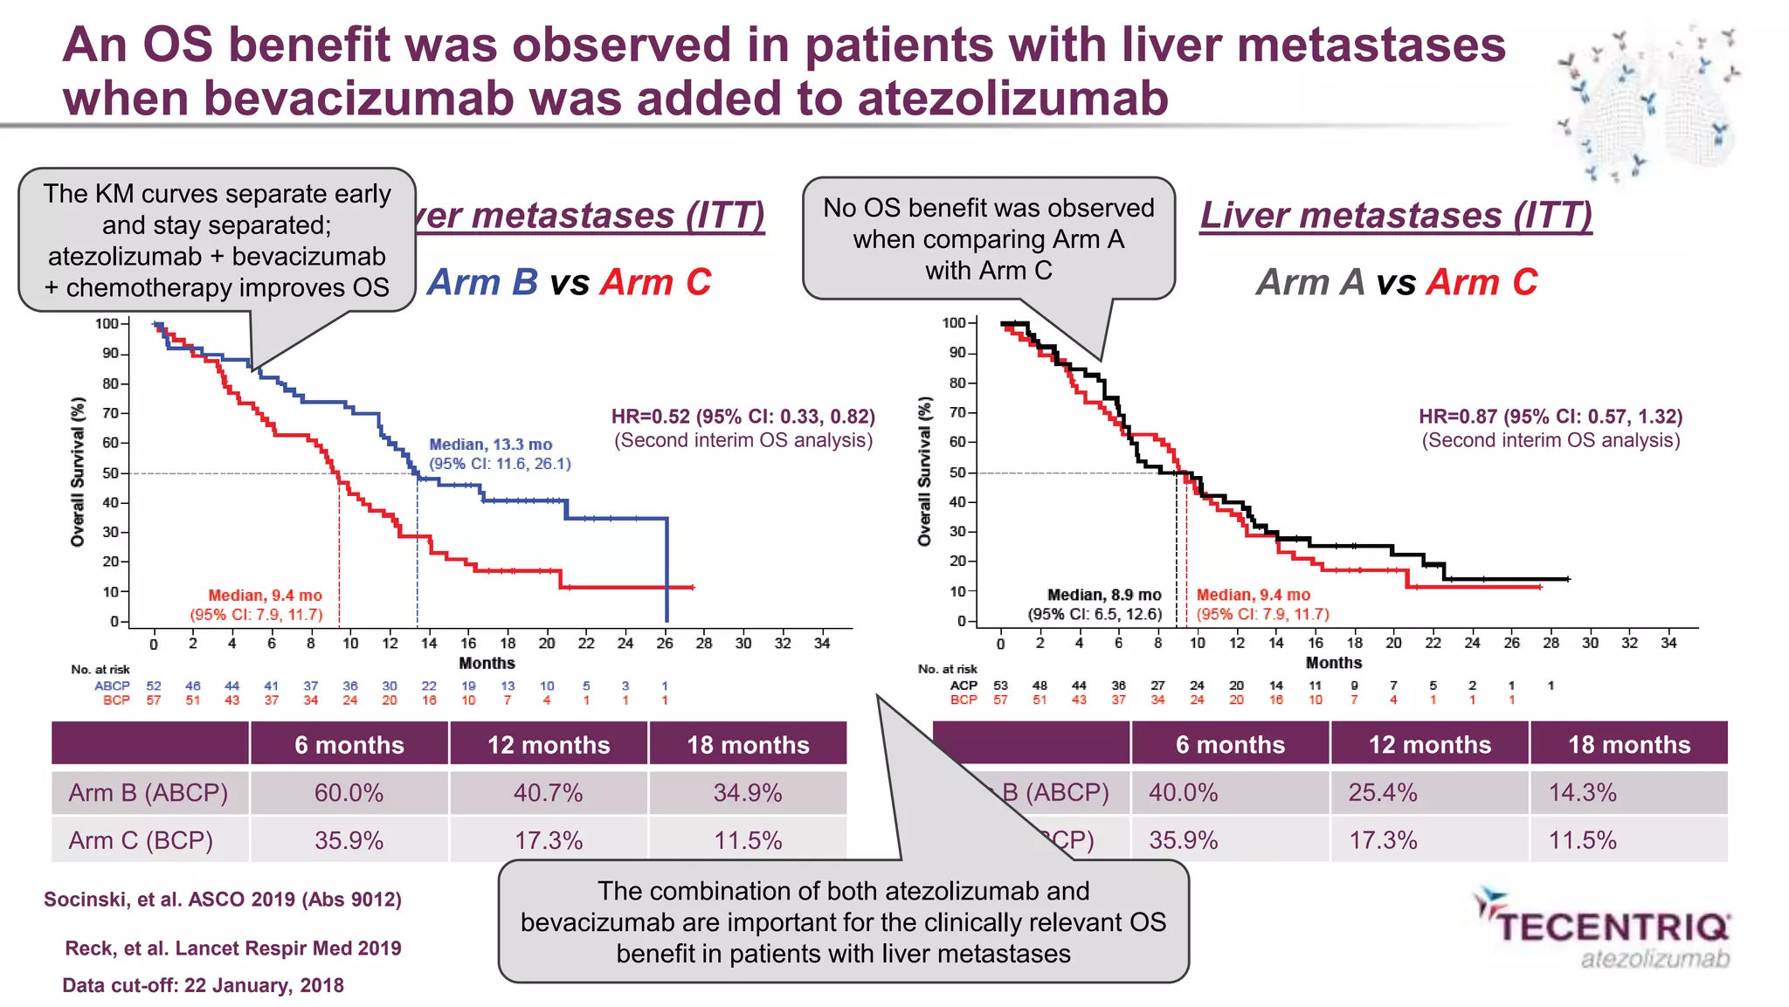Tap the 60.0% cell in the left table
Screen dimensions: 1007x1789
pos(349,793)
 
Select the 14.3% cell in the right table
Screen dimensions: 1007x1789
pos(1582,793)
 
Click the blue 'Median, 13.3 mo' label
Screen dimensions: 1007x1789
pos(490,445)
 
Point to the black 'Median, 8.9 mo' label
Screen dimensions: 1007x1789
pos(1104,595)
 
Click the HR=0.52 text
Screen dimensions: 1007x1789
pos(743,417)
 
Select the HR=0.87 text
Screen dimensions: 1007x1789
pos(1550,417)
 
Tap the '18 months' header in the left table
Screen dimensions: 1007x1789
pos(748,745)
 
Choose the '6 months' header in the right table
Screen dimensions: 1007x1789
pos(1230,745)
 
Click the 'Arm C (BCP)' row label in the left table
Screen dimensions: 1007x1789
pos(141,840)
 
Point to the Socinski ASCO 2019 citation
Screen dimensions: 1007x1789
pos(223,900)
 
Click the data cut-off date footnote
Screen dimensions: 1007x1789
pos(203,985)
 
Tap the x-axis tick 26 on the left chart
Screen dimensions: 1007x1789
pos(665,644)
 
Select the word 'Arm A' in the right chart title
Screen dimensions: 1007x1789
pos(1309,282)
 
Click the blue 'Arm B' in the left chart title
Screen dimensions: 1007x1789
pos(482,282)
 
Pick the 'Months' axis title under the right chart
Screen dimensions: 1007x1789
pos(1333,663)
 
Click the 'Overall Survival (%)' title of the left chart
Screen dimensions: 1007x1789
pos(78,472)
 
